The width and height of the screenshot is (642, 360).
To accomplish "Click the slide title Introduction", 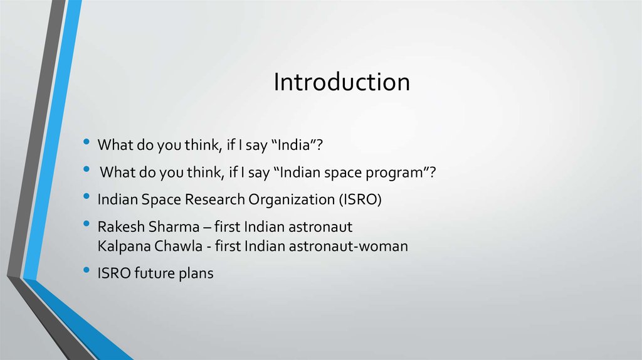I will (x=341, y=83).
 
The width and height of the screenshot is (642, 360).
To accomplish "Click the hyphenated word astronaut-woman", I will (x=348, y=246).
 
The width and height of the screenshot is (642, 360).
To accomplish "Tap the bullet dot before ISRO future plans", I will (x=86, y=272).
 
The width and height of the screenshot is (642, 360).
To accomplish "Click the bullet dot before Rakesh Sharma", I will (x=86, y=224).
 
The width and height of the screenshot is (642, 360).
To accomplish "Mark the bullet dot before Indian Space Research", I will (x=86, y=197).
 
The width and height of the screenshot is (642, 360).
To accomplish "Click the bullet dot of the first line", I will (x=86, y=143).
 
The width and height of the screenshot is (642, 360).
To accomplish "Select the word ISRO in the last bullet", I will (x=113, y=273).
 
